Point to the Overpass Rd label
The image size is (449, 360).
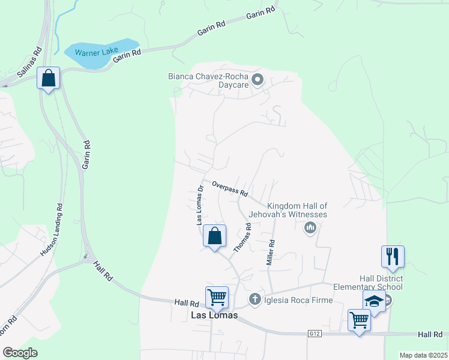230,189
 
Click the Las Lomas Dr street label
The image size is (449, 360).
200,205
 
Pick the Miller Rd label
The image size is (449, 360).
271,253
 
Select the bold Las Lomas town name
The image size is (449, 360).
214,316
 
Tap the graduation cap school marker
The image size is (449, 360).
374,302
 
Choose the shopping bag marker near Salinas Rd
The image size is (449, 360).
48,78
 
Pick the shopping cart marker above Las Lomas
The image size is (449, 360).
217,296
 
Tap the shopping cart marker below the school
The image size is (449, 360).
359,320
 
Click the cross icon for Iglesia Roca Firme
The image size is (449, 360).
255,299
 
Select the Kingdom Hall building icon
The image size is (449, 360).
310,227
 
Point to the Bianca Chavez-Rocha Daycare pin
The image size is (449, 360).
258,79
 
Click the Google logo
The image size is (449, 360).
20,353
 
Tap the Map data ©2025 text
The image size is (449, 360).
423,355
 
